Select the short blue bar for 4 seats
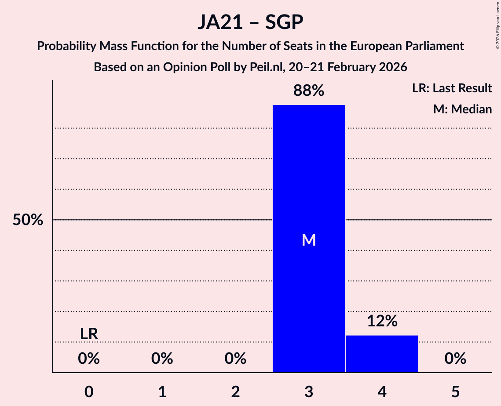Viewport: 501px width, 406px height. tap(381, 354)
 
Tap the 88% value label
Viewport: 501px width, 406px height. tap(308, 91)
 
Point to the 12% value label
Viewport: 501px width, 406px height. tap(381, 321)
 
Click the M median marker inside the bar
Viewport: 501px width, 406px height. tap(309, 240)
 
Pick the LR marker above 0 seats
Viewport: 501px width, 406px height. tap(89, 334)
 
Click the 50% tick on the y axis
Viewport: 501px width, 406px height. tap(28, 220)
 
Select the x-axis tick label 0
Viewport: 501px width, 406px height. tap(89, 391)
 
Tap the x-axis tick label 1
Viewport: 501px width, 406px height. tap(162, 391)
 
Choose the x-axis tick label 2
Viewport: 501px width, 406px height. tap(235, 391)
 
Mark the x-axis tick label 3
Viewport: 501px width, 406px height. tap(308, 391)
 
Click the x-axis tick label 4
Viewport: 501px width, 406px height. tap(382, 391)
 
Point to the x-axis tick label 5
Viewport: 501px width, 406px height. tap(455, 391)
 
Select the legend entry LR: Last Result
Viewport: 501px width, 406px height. tap(452, 88)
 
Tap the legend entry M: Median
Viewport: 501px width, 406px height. tap(462, 109)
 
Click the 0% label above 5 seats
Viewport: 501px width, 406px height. tap(455, 359)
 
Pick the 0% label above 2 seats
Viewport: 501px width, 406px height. tap(235, 359)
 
